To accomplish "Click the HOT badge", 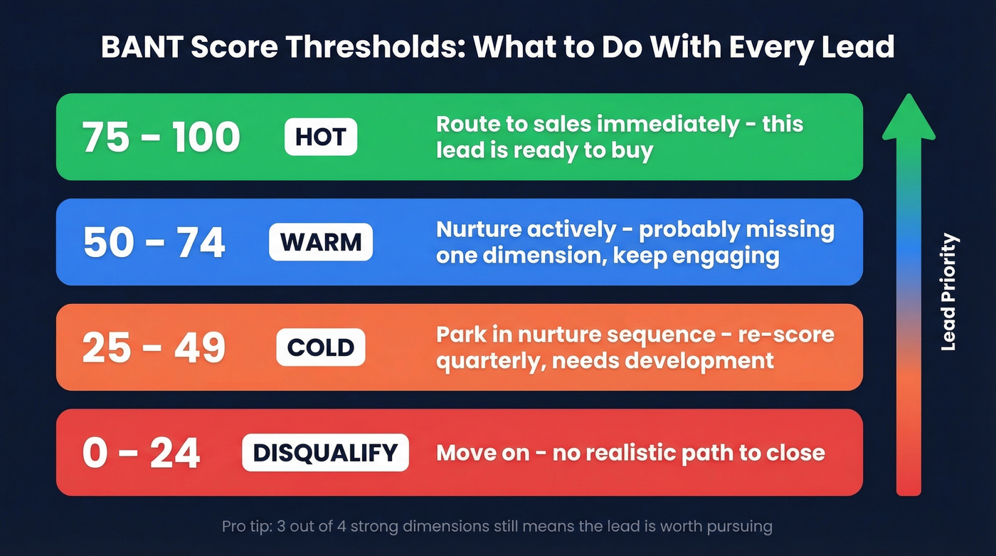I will click(x=321, y=137).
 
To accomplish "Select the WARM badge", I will click(x=321, y=243).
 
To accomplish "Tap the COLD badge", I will click(x=321, y=347).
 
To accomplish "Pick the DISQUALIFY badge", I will click(x=325, y=453).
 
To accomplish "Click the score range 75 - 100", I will click(x=161, y=137).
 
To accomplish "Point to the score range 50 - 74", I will click(x=154, y=243).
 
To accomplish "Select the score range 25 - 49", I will click(x=154, y=347).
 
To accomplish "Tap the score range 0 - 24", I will click(x=141, y=453).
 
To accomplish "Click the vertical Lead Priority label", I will click(x=948, y=292).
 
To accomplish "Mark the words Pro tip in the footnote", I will click(x=245, y=527).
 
